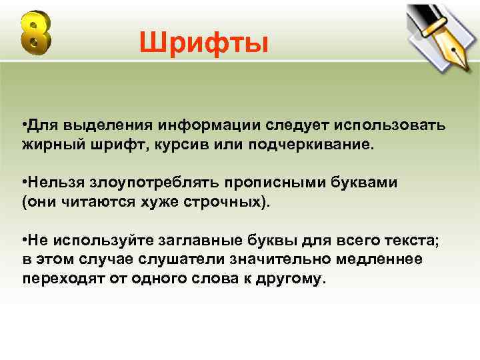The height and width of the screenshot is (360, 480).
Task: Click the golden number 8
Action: [x=35, y=33]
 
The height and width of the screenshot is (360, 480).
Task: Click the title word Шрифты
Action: [x=204, y=43]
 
